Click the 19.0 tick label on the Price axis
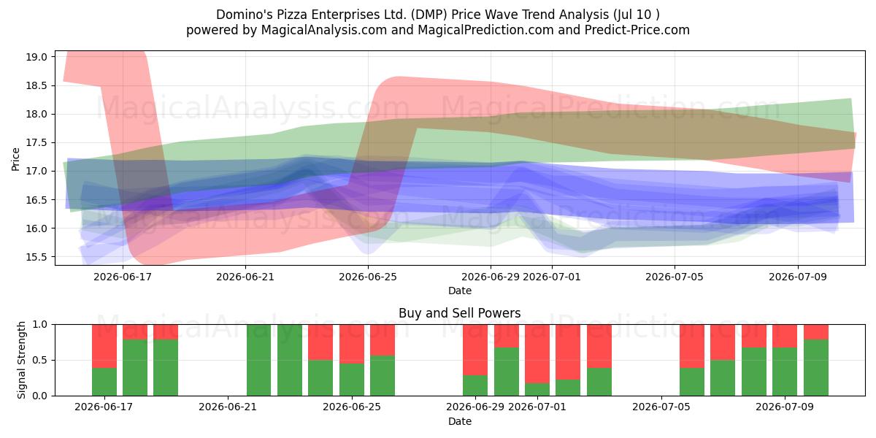point(36,57)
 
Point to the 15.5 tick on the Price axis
point(36,257)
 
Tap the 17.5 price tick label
point(36,143)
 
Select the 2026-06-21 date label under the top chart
point(245,277)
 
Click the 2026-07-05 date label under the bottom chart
point(661,407)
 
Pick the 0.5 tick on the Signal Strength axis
point(40,360)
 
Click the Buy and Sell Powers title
point(459,313)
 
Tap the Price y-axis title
point(15,159)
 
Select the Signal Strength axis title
point(21,360)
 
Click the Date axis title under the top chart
point(460,291)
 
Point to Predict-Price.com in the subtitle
point(637,30)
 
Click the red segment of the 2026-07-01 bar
point(537,353)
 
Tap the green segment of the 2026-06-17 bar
point(104,382)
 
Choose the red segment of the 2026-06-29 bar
point(475,350)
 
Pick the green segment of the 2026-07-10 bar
point(816,368)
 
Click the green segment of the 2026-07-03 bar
point(599,382)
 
